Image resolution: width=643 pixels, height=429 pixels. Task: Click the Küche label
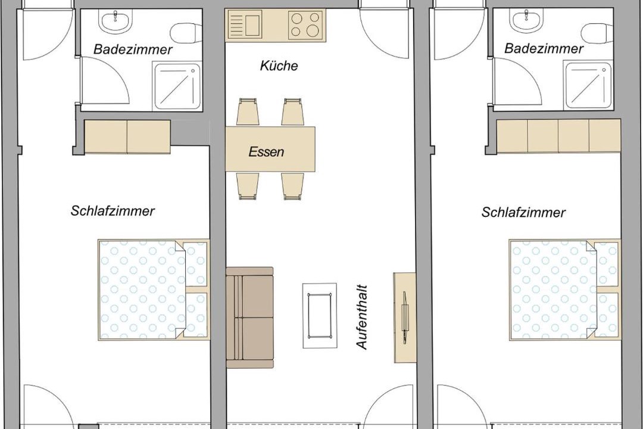click(279, 66)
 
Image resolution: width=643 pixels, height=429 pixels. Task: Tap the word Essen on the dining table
click(266, 152)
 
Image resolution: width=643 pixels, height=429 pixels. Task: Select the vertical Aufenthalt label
click(362, 318)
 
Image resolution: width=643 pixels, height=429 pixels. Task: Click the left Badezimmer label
click(133, 49)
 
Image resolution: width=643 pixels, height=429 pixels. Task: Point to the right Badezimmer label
click(544, 49)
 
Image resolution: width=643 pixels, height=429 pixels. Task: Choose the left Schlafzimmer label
click(113, 211)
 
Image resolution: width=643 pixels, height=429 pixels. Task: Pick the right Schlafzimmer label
click(524, 212)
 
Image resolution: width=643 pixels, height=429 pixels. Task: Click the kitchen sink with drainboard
click(245, 24)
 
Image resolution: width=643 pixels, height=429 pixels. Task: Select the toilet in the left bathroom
click(186, 33)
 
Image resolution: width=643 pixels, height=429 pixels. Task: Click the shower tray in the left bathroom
click(177, 86)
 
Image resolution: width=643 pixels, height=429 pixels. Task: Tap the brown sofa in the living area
click(249, 318)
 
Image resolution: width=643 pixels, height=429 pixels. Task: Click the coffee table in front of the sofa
click(320, 315)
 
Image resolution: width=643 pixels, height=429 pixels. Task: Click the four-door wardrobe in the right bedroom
click(558, 136)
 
